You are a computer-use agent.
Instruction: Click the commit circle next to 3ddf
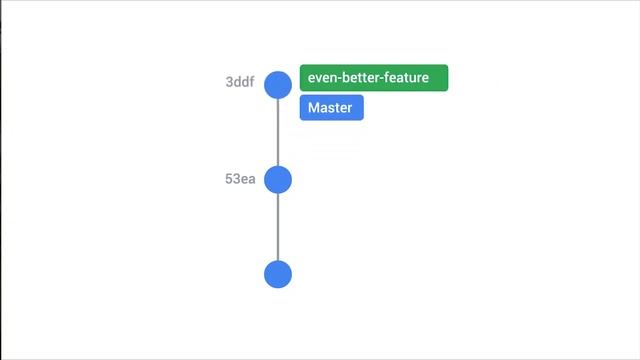(277, 84)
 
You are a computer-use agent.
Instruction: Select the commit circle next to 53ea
(277, 179)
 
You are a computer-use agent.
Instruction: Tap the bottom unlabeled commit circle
(277, 274)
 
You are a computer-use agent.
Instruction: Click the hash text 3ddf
(239, 83)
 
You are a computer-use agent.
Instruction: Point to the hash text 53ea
(240, 179)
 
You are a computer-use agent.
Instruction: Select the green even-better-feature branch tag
(373, 78)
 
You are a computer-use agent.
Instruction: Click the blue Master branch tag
(331, 108)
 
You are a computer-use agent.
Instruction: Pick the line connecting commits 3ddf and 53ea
(277, 132)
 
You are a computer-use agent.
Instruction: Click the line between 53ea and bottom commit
(277, 227)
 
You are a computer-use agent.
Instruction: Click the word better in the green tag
(363, 78)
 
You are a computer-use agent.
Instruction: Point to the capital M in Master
(314, 108)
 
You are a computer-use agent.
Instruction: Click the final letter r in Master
(350, 108)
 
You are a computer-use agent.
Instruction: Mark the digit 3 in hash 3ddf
(229, 83)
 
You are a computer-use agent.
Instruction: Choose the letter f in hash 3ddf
(250, 83)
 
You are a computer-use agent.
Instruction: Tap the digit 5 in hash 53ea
(229, 179)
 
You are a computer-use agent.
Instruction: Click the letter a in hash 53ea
(251, 179)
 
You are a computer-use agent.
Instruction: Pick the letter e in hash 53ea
(244, 179)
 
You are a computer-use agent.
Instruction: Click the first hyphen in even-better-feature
(340, 79)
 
